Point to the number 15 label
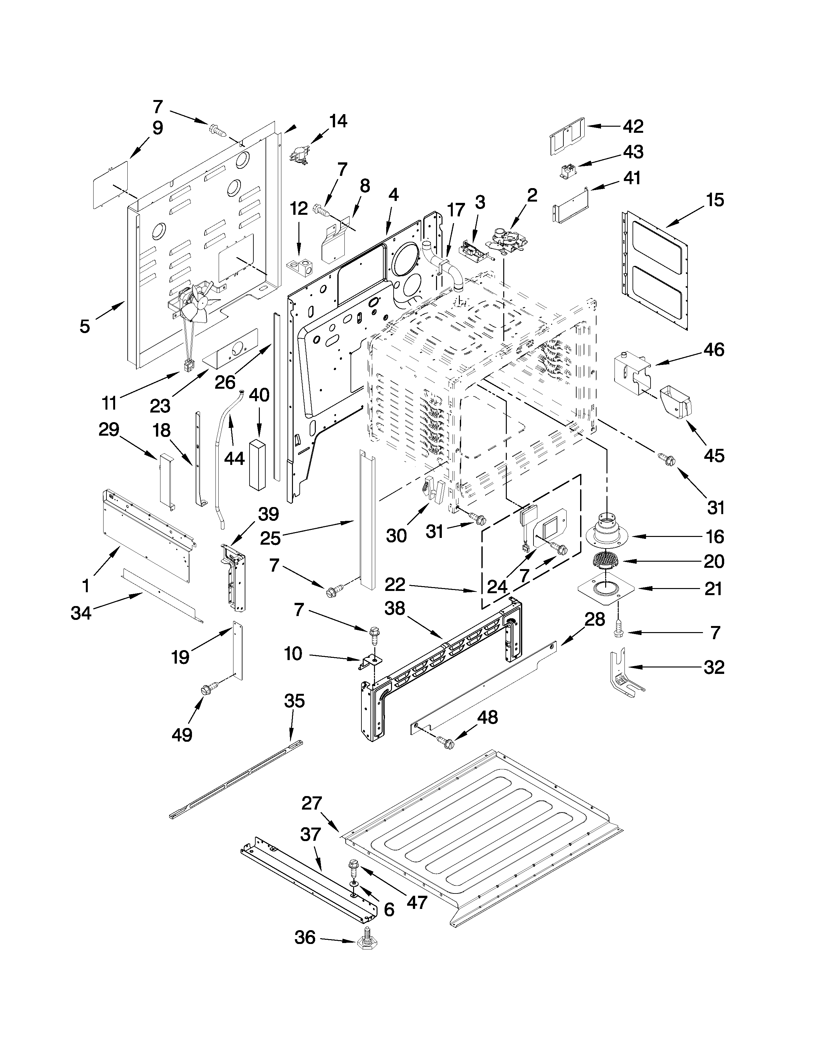coord(715,200)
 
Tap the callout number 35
coord(294,701)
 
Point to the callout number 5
coord(85,326)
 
